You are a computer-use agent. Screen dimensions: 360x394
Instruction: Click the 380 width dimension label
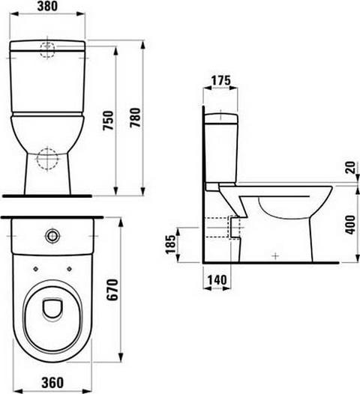[47, 6]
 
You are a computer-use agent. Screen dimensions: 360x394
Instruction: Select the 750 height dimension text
[109, 121]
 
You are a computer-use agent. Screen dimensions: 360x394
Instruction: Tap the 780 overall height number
[136, 118]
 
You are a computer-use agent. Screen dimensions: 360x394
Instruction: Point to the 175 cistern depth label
[220, 81]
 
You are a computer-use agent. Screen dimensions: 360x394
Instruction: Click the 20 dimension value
[350, 167]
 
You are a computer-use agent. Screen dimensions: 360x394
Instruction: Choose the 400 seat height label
[350, 225]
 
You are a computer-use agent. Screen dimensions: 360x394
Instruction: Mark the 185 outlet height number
[170, 244]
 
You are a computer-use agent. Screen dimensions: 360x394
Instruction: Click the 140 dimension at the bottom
[217, 279]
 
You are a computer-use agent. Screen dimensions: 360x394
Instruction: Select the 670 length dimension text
[112, 289]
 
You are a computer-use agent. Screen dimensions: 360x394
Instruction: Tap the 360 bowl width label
[52, 383]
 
